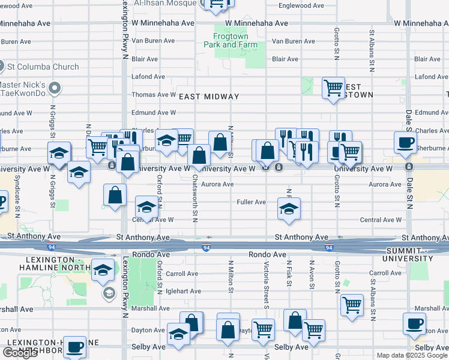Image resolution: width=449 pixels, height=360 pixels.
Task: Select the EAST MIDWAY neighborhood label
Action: coord(209,96)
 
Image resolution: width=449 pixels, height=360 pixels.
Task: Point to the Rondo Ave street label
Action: coord(268,254)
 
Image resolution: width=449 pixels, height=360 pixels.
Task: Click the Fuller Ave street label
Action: coord(251,202)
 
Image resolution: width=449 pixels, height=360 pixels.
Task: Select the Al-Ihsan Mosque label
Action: coord(158,3)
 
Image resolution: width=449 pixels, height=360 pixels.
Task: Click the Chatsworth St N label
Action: coord(196,198)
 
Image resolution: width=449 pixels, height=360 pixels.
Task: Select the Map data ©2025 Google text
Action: coord(411,355)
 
